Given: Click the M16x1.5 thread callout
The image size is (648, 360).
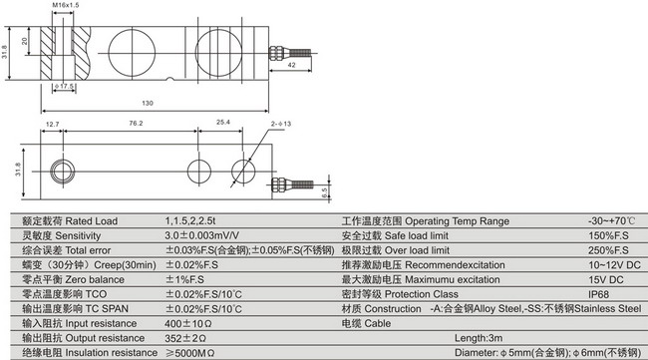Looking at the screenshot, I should [x=65, y=7].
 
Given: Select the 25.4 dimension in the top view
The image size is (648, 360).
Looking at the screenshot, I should [x=223, y=124].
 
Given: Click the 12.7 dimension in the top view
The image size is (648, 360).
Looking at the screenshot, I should [x=53, y=124].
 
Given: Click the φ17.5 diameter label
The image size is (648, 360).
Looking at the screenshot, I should [x=67, y=87].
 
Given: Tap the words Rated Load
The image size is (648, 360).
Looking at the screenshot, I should [x=95, y=219].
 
